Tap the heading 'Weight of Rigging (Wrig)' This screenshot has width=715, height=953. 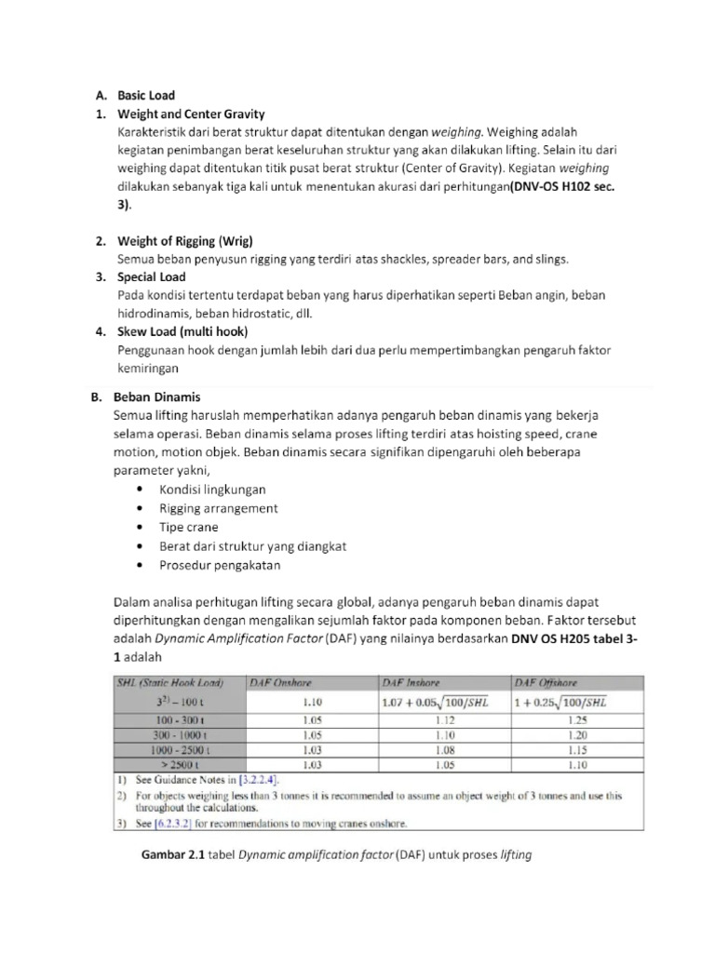[180, 241]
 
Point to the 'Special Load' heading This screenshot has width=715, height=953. [151, 276]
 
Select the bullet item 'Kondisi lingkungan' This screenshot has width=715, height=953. [212, 489]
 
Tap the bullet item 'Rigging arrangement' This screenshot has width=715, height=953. [218, 508]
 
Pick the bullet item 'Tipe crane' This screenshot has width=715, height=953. [189, 527]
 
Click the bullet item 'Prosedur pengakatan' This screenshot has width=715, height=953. [219, 565]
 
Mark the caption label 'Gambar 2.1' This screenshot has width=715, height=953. [170, 854]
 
